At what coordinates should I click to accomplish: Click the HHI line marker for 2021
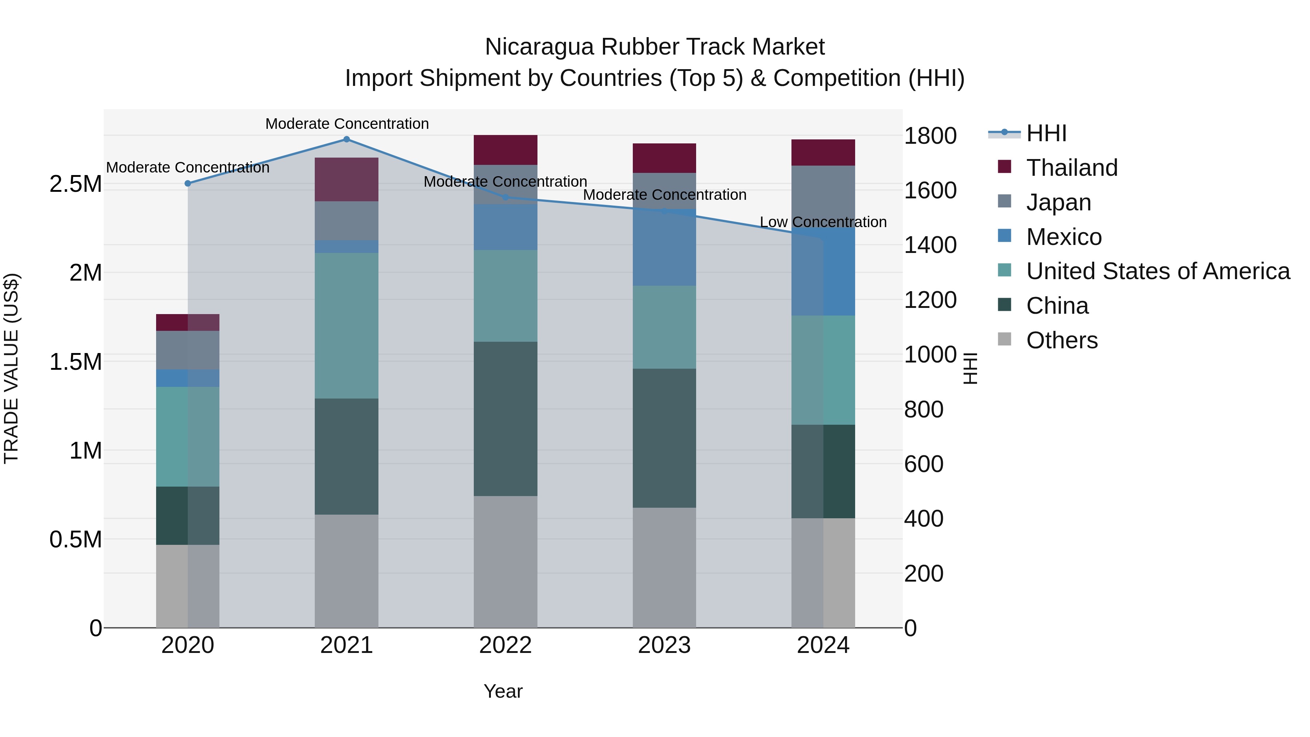pyautogui.click(x=346, y=139)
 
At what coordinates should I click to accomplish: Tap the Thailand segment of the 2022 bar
pyautogui.click(x=505, y=150)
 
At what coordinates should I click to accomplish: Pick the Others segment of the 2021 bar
pyautogui.click(x=346, y=571)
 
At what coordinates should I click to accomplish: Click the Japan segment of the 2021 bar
pyautogui.click(x=346, y=221)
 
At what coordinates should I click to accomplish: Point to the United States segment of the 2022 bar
pyautogui.click(x=505, y=296)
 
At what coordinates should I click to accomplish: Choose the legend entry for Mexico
pyautogui.click(x=1063, y=237)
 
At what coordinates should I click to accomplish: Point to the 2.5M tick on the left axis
pyautogui.click(x=76, y=184)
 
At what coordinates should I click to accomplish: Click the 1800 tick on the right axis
pyautogui.click(x=930, y=136)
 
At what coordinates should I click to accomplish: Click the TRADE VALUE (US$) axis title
pyautogui.click(x=11, y=368)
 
